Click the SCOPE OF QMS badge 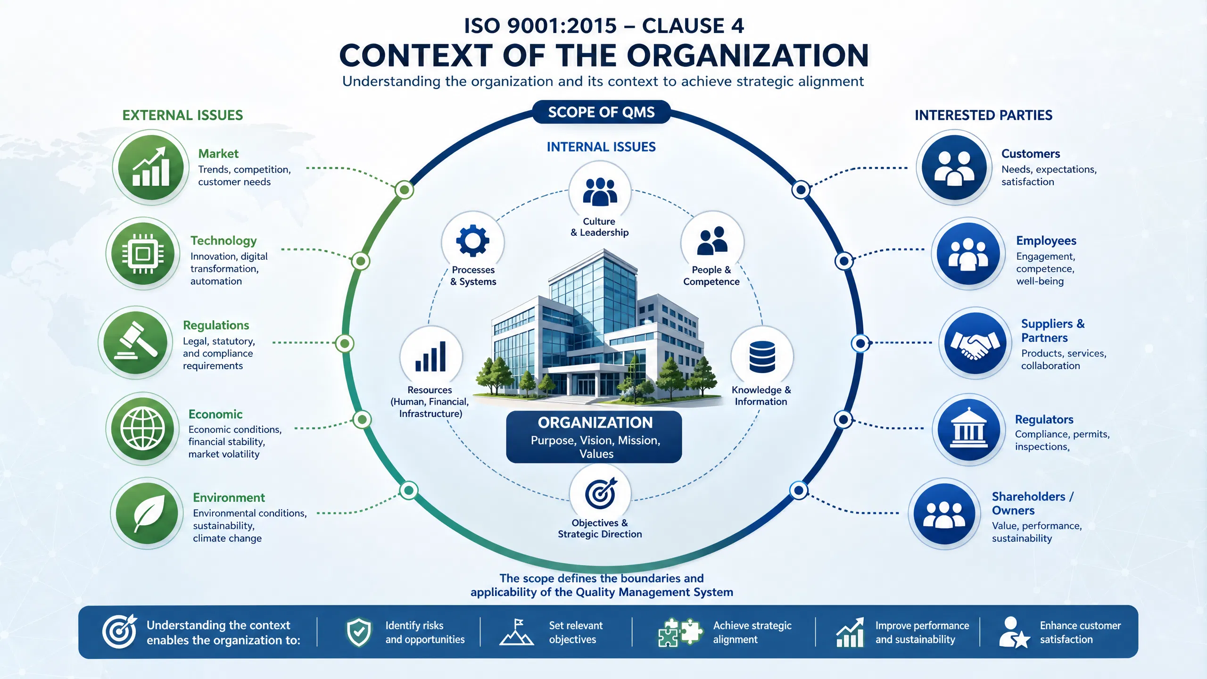601,112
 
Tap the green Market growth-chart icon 151,167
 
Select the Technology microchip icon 143,254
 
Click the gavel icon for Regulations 136,342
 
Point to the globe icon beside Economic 143,429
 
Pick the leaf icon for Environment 148,513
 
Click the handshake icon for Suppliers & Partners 975,343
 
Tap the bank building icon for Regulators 968,430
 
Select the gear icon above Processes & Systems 473,241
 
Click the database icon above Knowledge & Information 762,356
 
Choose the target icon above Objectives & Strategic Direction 601,493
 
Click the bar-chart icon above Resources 430,357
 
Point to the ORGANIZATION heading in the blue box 595,422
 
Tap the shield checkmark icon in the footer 359,632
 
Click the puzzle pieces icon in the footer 680,632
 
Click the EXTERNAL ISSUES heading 182,115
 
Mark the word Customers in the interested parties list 1031,154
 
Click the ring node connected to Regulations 345,343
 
